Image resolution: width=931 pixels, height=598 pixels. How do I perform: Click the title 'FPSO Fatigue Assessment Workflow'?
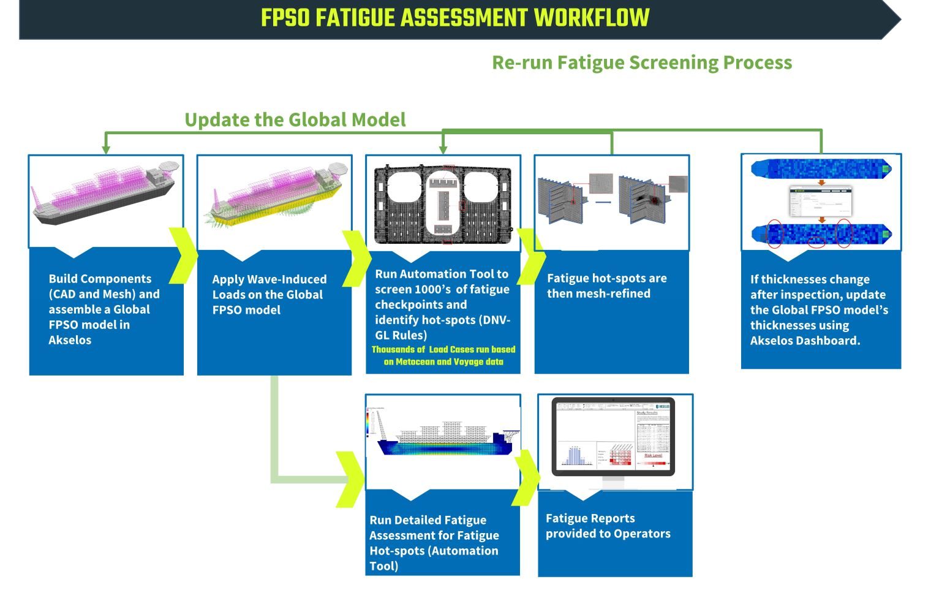pyautogui.click(x=454, y=18)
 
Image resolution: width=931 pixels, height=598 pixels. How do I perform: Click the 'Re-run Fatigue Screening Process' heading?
pyautogui.click(x=642, y=62)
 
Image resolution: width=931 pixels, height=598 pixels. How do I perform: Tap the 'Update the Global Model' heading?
pyautogui.click(x=295, y=119)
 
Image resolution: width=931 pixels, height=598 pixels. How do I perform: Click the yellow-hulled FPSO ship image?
pyautogui.click(x=274, y=195)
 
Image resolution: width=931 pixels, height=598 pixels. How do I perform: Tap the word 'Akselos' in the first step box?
pyautogui.click(x=70, y=340)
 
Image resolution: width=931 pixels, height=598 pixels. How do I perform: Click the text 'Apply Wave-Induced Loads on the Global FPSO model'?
pyautogui.click(x=269, y=295)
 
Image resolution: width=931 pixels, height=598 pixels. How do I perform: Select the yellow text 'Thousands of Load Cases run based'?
pyautogui.click(x=443, y=349)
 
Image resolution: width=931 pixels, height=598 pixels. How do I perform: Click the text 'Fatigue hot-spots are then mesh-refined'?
pyautogui.click(x=606, y=286)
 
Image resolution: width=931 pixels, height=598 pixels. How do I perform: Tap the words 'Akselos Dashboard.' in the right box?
pyautogui.click(x=805, y=341)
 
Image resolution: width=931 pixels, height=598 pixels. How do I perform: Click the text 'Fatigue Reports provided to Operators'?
pyautogui.click(x=608, y=526)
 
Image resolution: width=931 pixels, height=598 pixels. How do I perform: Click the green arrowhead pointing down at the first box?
pyautogui.click(x=105, y=149)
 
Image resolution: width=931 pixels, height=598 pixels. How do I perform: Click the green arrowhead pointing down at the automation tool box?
pyautogui.click(x=443, y=149)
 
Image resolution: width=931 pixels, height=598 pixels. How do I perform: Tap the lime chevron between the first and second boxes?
pyautogui.click(x=183, y=255)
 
